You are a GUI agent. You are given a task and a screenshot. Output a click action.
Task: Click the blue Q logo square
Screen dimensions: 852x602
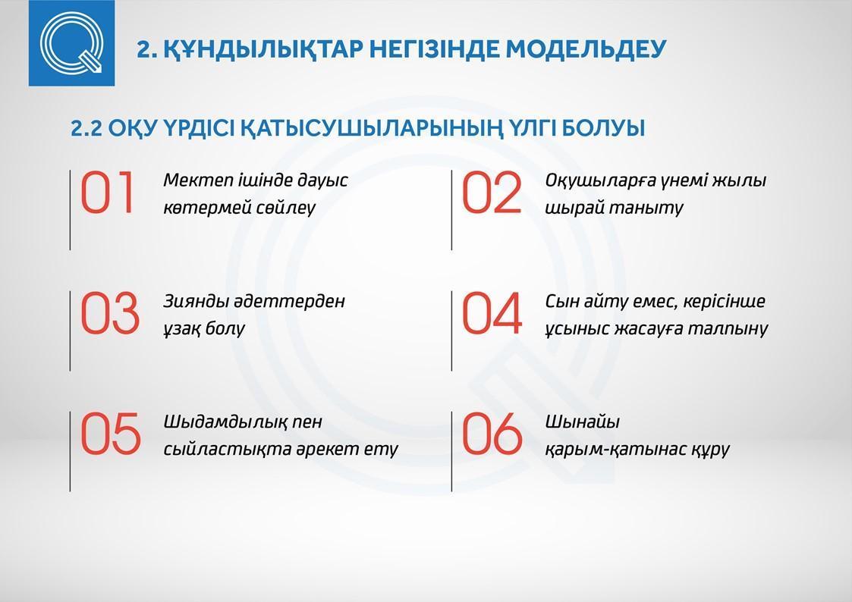(72, 43)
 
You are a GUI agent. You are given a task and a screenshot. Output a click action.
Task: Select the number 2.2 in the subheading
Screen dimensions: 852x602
(86, 129)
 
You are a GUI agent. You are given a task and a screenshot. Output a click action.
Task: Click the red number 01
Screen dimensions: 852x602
(108, 193)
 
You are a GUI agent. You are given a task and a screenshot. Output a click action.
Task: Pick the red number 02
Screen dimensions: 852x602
(492, 193)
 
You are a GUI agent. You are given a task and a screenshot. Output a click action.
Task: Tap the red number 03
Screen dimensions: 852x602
(110, 313)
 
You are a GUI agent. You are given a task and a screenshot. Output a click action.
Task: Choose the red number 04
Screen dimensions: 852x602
(492, 313)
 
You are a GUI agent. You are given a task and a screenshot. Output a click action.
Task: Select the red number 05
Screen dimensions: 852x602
(110, 433)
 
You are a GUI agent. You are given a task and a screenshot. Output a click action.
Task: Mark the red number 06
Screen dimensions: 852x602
(492, 433)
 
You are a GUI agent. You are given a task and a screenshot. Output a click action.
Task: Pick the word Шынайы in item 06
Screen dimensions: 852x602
(583, 422)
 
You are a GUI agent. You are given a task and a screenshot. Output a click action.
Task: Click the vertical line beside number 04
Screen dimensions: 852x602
(451, 331)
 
